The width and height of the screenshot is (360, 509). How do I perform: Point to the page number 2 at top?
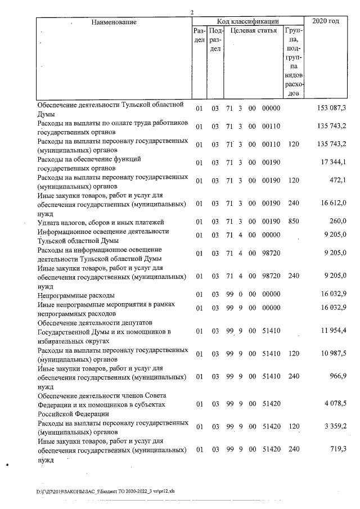192,12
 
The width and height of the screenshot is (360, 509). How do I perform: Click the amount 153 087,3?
332,108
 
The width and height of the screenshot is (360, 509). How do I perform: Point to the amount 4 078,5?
335,403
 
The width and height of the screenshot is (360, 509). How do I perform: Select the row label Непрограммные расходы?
76,295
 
